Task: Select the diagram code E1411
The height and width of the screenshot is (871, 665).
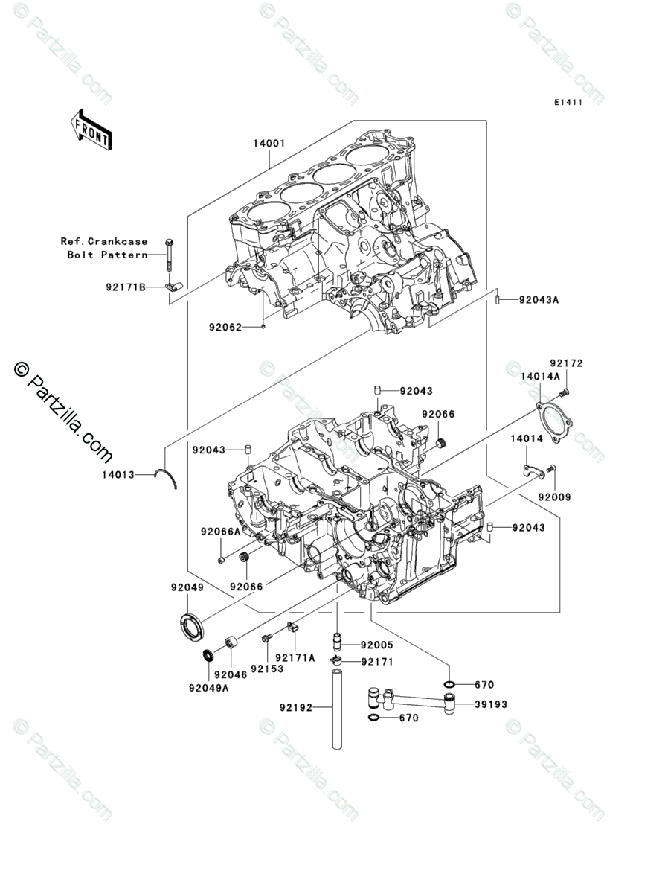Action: (567, 102)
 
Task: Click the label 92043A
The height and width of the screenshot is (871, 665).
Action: (538, 300)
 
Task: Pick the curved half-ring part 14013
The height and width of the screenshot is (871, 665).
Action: (167, 477)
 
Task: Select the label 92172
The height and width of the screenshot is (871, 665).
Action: (567, 364)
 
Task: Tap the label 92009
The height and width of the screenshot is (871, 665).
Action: (555, 497)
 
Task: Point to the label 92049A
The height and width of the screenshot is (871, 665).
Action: (208, 687)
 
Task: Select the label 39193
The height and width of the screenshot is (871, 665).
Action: (491, 703)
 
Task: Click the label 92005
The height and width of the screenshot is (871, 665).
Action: (377, 645)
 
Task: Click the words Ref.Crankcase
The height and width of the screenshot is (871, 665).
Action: (104, 241)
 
